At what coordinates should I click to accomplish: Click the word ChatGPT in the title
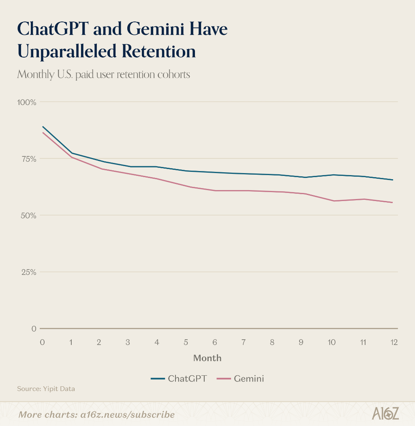(53, 28)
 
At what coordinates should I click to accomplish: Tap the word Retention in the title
(158, 51)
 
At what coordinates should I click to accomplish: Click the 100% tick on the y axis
(27, 103)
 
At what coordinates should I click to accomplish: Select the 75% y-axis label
(29, 159)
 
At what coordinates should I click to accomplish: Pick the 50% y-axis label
(28, 216)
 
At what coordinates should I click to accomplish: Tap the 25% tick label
(29, 272)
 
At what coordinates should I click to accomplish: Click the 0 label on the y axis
(34, 329)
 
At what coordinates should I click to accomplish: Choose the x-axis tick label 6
(214, 343)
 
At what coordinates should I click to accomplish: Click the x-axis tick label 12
(394, 343)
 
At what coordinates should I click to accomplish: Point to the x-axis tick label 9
(301, 343)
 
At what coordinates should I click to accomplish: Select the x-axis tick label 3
(128, 343)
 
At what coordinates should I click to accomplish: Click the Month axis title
(207, 358)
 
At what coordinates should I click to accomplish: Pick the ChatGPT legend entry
(179, 379)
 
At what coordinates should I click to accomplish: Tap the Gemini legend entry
(240, 379)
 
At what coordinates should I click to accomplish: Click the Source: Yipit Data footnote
(46, 389)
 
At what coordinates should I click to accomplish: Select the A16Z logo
(385, 413)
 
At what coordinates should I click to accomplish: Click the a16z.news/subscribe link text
(128, 415)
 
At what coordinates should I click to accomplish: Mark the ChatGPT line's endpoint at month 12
(393, 180)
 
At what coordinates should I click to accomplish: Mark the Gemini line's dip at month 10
(334, 201)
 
